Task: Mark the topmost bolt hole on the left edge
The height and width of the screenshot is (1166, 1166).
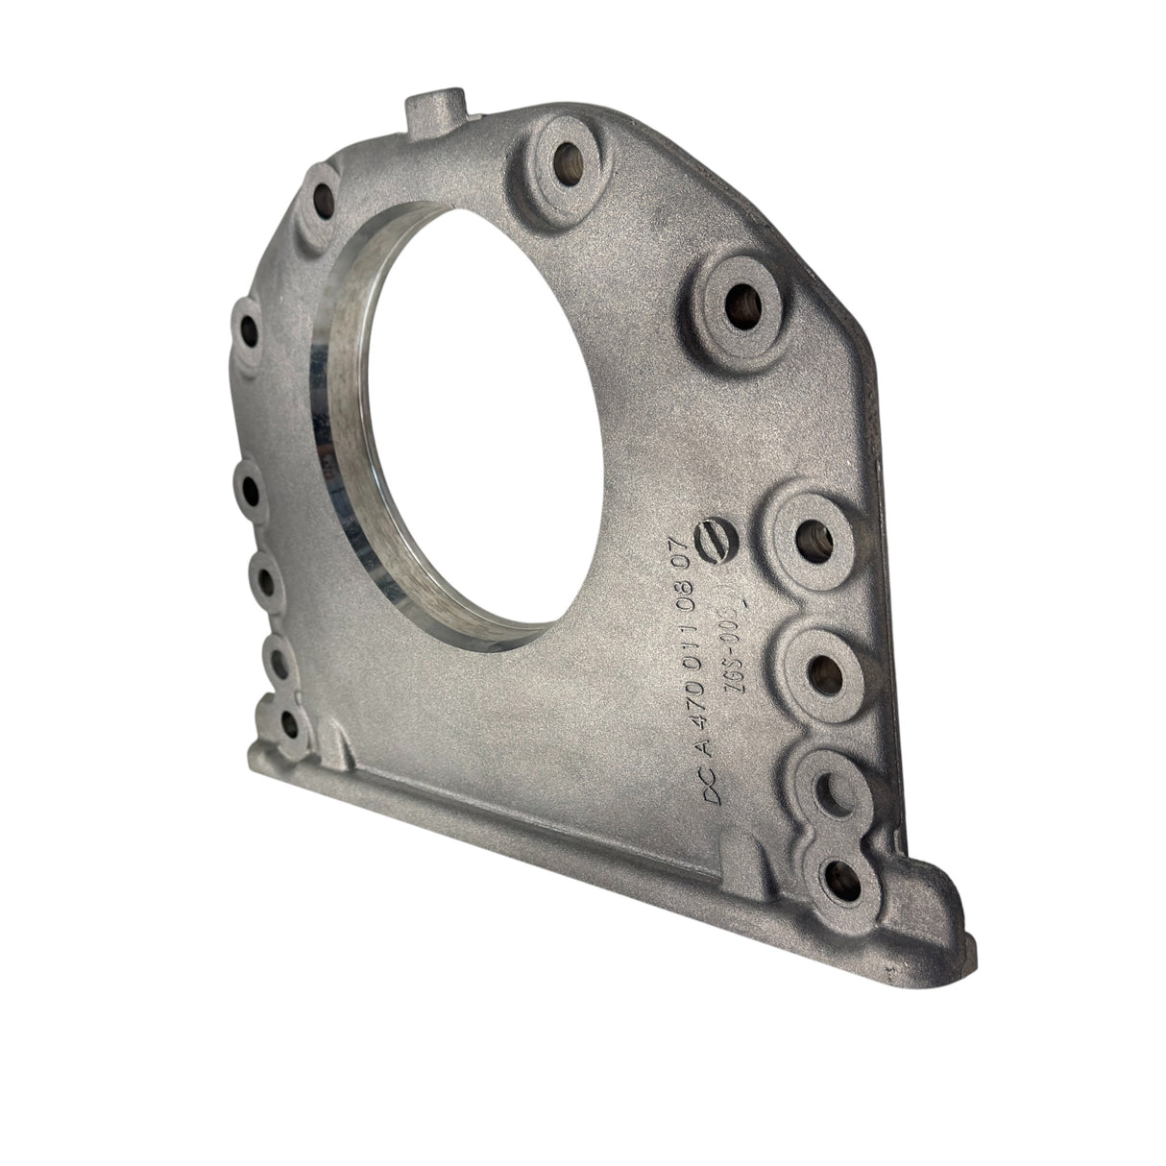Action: pyautogui.click(x=323, y=202)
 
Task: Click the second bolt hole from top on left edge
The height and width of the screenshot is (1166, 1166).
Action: pyautogui.click(x=248, y=333)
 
